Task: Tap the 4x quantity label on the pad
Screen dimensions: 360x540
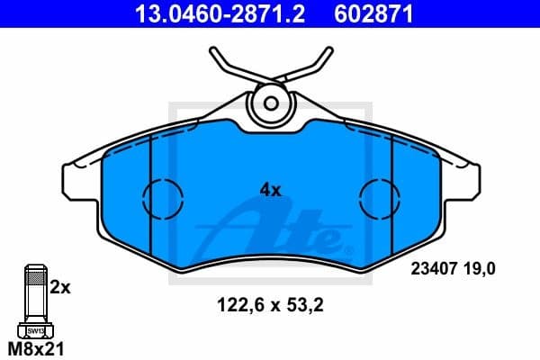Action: (x=270, y=190)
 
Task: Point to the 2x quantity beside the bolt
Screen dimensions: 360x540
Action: (x=59, y=288)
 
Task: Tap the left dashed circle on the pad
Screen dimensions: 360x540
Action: (x=162, y=195)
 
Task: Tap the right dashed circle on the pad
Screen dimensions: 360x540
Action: (x=379, y=195)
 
